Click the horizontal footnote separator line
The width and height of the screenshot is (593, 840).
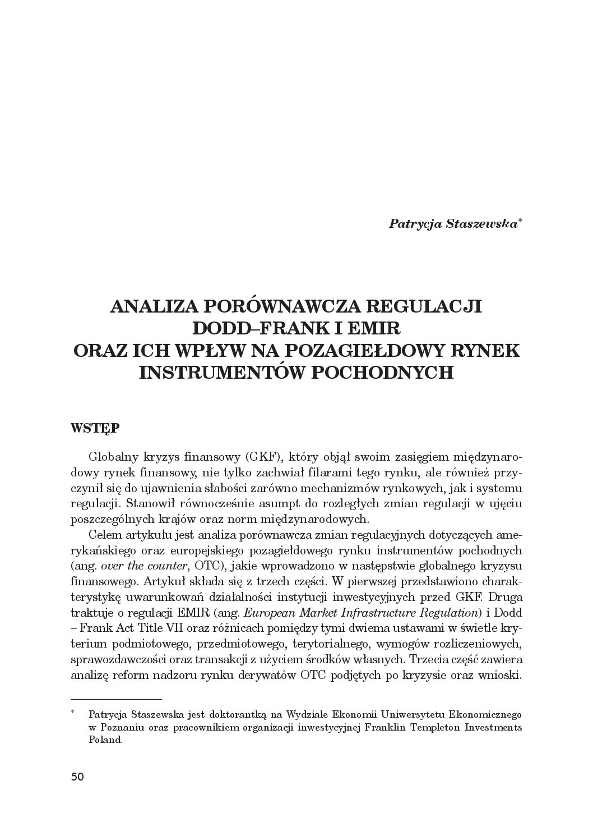117,699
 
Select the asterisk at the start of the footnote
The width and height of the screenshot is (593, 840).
73,713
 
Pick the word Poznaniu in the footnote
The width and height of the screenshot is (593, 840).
123,728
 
